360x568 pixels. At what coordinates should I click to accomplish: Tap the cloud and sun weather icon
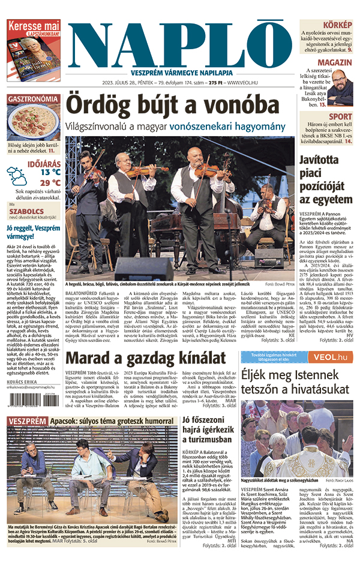(17, 176)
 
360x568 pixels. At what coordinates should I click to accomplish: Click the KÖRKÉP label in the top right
(338, 25)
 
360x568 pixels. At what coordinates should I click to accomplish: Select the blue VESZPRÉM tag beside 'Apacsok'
(27, 422)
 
